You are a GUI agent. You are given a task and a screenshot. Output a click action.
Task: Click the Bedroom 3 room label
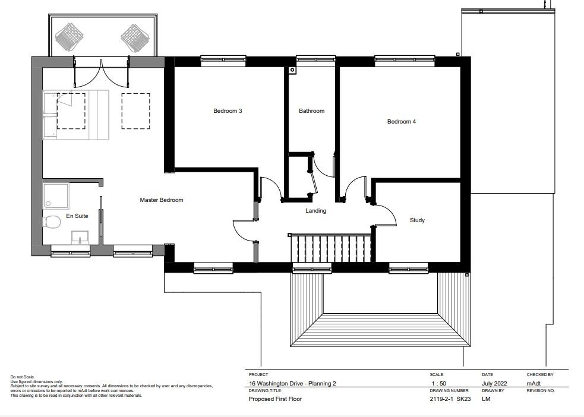pos(228,110)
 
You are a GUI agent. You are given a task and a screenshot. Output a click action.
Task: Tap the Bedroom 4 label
pos(402,121)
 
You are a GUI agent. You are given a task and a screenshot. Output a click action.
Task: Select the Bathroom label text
pos(312,110)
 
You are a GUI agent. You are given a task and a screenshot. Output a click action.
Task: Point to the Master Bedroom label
pos(162,200)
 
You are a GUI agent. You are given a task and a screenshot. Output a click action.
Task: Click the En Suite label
pos(77,216)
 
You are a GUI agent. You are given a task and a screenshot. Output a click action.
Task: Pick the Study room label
pos(417,220)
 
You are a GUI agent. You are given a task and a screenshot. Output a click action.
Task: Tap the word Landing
pos(316,211)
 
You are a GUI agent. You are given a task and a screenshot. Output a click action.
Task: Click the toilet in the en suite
pos(52,222)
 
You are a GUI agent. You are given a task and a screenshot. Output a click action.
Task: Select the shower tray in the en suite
pos(56,196)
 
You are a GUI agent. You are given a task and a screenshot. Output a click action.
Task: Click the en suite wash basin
pos(80,238)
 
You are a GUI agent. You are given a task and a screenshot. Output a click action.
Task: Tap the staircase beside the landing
pos(331,248)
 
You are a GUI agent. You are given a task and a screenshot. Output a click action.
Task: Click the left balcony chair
pos(70,37)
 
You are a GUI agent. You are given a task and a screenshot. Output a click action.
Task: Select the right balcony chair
pos(135,38)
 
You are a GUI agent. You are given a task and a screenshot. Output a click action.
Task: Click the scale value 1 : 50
pos(439,384)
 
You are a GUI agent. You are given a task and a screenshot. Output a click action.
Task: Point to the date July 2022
pos(494,384)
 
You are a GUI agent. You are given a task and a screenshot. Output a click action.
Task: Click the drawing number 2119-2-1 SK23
pos(450,399)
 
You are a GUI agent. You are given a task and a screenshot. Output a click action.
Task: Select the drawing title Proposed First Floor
pos(275,399)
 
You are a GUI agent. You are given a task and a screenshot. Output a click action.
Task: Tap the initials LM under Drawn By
pos(486,399)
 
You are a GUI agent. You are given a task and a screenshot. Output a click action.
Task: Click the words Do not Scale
pos(23,377)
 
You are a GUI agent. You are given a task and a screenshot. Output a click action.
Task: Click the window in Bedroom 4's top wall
pos(405,61)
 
